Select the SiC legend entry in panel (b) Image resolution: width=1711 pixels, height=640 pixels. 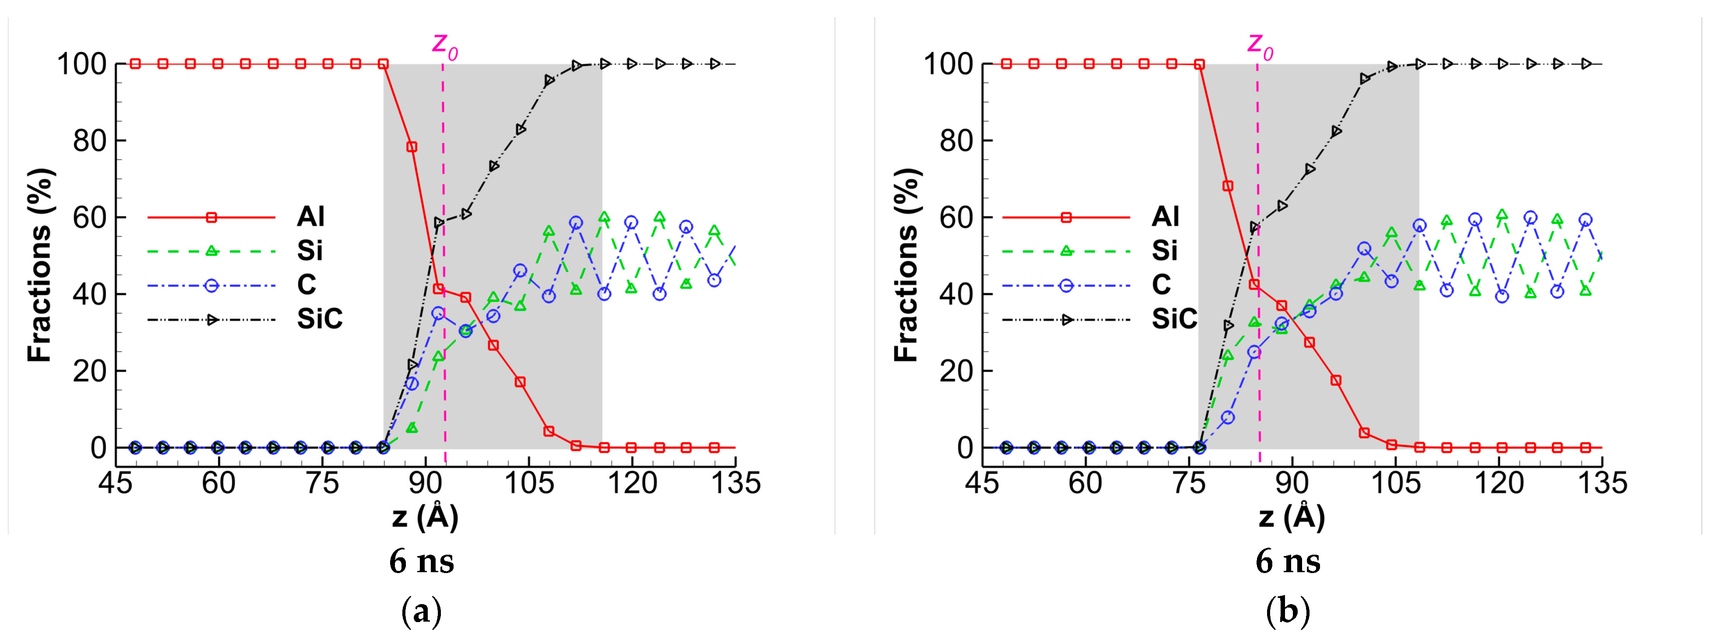point(1174,319)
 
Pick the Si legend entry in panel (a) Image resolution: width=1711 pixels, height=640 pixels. point(310,251)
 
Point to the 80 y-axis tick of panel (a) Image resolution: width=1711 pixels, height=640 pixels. point(90,141)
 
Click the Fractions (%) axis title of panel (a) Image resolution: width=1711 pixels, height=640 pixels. point(39,266)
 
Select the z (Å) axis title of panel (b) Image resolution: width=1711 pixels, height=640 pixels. point(1292,517)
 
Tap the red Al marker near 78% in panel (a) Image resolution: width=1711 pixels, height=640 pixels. point(412,147)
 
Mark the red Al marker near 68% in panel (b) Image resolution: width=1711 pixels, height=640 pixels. point(1228,186)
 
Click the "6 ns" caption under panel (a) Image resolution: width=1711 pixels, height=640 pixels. point(422,562)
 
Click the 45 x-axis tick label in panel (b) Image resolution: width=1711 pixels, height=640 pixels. point(982,483)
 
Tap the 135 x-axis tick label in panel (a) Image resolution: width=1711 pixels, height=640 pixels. point(735,483)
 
